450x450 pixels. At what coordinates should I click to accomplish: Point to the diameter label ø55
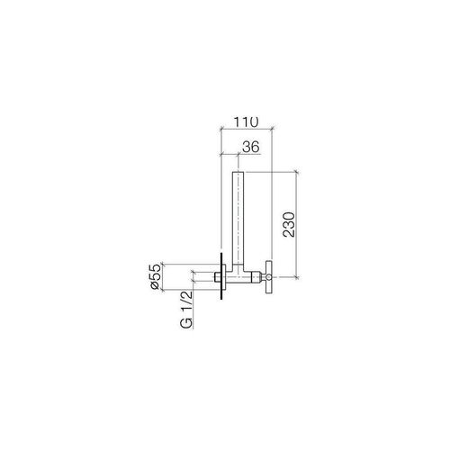tap(154, 276)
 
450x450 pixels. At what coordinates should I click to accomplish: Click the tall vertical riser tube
tap(238, 216)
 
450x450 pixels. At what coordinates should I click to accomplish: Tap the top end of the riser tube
tap(238, 173)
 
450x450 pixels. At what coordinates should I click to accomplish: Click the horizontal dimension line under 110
tap(247, 130)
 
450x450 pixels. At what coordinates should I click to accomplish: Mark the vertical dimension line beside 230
tap(295, 220)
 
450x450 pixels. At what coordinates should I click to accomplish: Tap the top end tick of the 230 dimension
tap(295, 172)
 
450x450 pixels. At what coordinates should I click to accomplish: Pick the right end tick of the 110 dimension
tap(274, 130)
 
